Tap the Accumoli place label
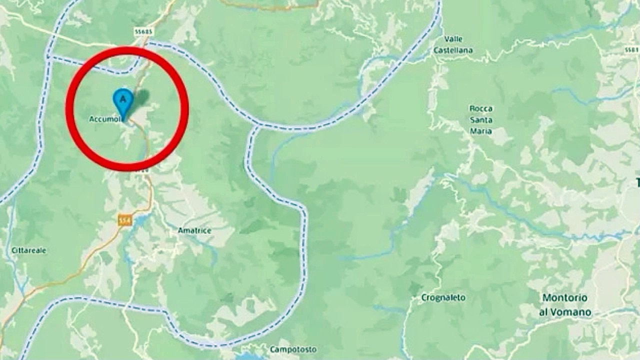click(x=103, y=119)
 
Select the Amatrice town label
click(x=194, y=230)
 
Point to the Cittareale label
click(x=29, y=250)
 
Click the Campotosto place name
click(x=291, y=349)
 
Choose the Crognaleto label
click(x=443, y=297)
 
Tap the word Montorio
click(x=565, y=297)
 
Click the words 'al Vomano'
click(x=566, y=312)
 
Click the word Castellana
click(x=453, y=50)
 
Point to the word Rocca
click(x=480, y=108)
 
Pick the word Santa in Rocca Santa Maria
click(x=480, y=120)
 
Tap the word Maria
click(x=480, y=131)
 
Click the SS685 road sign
click(x=143, y=31)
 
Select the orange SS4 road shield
click(x=125, y=219)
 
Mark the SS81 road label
click(x=632, y=50)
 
